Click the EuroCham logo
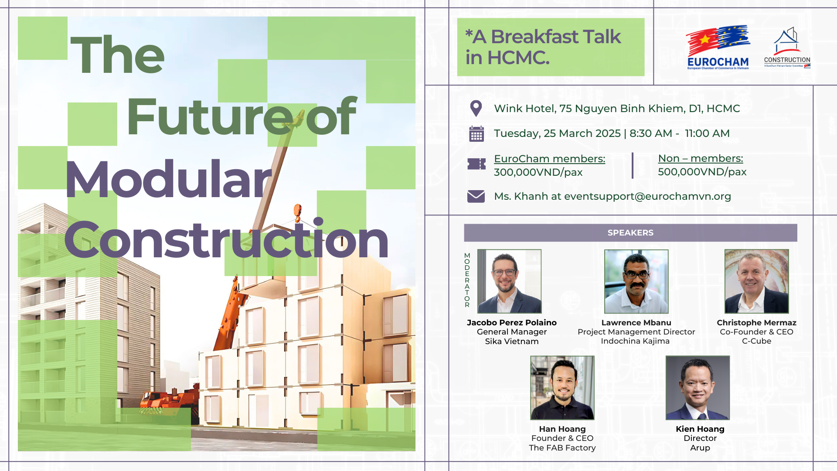pos(718,48)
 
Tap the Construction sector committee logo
pos(787,48)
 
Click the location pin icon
pos(476,109)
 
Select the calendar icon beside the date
pos(476,134)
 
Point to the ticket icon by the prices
pos(476,164)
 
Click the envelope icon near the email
pos(476,196)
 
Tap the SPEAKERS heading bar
pos(630,233)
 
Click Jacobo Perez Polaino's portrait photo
pos(509,281)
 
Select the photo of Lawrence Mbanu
pos(636,281)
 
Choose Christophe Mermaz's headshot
pos(756,281)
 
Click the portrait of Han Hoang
pos(562,388)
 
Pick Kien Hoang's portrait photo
pos(697,388)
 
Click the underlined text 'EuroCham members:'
pos(549,159)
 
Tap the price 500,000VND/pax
pos(702,172)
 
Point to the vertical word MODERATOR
pos(467,280)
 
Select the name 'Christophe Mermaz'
pos(756,323)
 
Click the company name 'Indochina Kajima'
pos(635,341)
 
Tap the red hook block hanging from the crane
pos(297,212)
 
